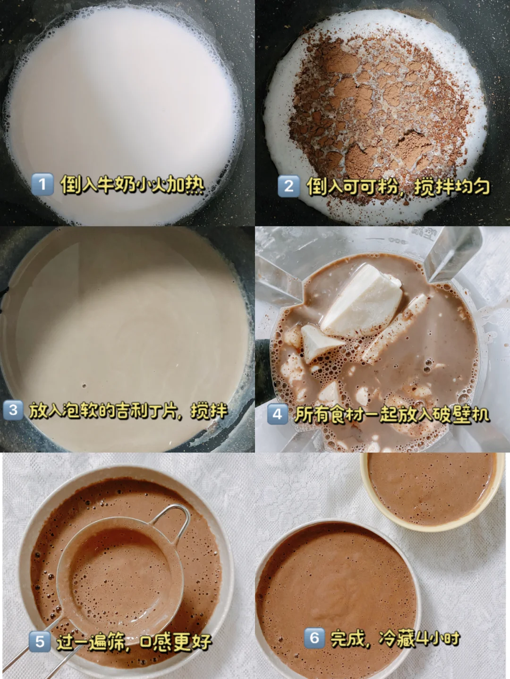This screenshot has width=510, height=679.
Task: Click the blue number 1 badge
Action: tap(42, 184)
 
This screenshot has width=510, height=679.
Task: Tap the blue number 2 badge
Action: tap(289, 186)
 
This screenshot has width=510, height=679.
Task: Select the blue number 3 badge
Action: tap(13, 410)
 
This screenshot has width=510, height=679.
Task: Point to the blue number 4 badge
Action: tap(277, 414)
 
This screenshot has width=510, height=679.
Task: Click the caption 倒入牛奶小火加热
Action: tap(132, 184)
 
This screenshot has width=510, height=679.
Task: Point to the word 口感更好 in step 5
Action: tap(176, 642)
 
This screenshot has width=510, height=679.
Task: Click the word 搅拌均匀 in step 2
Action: tap(452, 186)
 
